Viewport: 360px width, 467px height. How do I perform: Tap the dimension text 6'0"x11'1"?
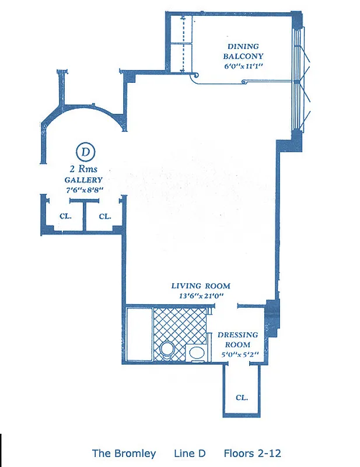[x=244, y=66]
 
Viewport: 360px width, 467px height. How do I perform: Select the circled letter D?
[x=86, y=153]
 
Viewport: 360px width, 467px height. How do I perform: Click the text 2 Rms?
[x=83, y=169]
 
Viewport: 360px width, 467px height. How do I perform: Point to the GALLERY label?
[x=83, y=180]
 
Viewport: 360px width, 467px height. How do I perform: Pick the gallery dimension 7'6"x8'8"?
[x=83, y=190]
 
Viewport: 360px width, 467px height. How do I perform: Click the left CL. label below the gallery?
[x=65, y=216]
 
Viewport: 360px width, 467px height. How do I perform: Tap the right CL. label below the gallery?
[x=105, y=216]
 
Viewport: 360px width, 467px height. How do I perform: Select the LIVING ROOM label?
[x=200, y=286]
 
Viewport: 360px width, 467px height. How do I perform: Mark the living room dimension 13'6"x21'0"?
[x=200, y=296]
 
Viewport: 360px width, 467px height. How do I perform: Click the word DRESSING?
[x=237, y=335]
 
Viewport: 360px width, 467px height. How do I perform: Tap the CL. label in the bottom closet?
[x=242, y=398]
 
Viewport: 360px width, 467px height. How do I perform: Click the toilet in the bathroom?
[x=167, y=350]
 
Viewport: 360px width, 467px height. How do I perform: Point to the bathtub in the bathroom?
[x=138, y=335]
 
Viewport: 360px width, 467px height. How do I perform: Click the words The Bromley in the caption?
[x=124, y=453]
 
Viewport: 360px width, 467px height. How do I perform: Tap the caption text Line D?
[x=190, y=453]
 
